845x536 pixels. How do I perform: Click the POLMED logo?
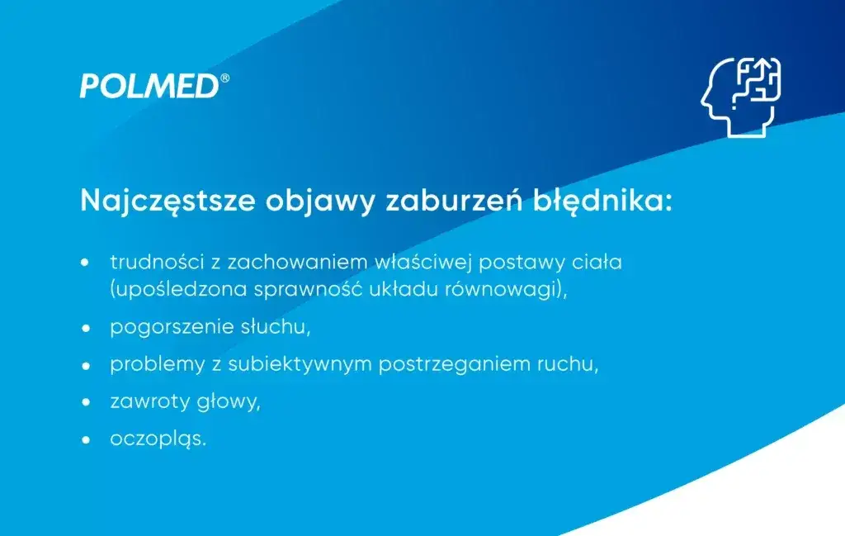149,86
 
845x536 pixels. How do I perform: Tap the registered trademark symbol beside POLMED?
224,78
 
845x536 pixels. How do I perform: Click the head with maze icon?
740,97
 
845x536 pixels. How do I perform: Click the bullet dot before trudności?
84,263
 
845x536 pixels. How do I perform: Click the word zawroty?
145,402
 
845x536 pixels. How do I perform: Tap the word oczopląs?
158,439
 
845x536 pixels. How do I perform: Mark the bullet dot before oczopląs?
84,439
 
